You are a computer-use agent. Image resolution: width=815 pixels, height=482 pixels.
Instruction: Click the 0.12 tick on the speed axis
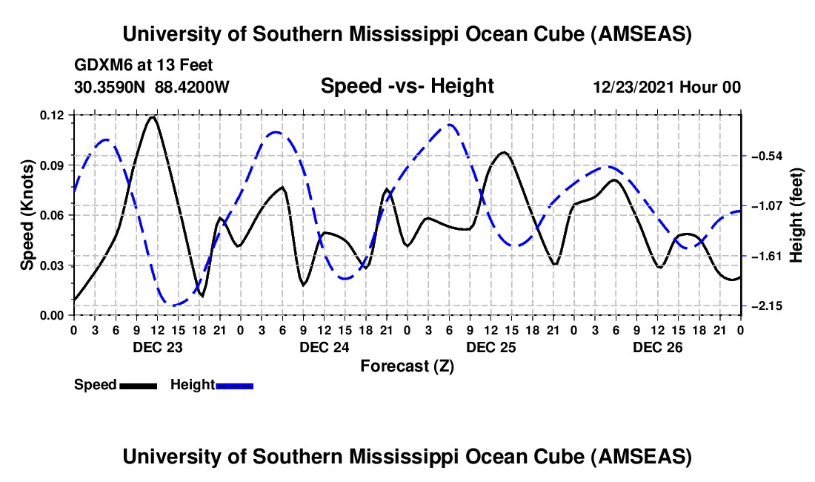pos(53,115)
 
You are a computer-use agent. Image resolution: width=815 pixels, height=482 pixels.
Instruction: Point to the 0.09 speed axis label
pos(53,165)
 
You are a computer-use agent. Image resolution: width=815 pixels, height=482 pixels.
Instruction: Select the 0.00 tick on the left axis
pos(53,316)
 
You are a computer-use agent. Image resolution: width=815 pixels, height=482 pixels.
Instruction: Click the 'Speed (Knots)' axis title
pos(27,215)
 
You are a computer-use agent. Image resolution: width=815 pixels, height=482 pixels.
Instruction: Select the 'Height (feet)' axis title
pos(796,215)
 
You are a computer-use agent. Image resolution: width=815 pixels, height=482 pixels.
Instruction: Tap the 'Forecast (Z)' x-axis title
pos(407,366)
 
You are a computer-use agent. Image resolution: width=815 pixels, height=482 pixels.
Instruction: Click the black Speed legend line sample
pos(137,385)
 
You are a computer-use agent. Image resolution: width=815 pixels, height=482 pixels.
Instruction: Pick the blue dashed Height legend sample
pos(234,385)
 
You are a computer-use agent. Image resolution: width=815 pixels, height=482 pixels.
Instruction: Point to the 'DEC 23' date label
pos(157,346)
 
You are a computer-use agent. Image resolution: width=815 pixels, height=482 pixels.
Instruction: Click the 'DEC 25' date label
pos(490,346)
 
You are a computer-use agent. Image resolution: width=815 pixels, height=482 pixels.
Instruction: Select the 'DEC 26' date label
pos(657,346)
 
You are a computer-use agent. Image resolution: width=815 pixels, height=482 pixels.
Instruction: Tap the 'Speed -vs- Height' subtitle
pos(407,87)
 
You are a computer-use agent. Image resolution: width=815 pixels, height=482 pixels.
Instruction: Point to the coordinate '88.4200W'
pos(192,87)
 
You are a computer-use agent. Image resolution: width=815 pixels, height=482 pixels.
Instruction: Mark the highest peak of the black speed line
pos(153,116)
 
